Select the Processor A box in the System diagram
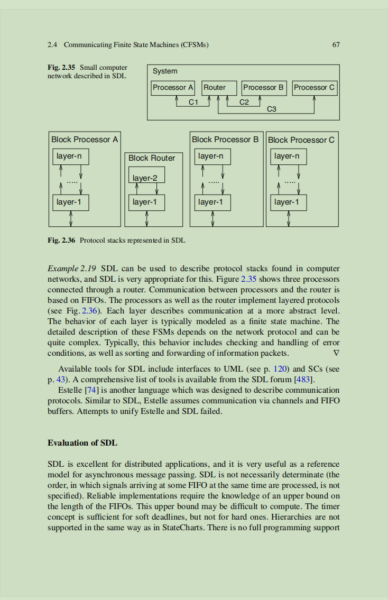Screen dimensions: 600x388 click(173, 88)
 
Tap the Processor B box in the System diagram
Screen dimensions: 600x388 click(264, 88)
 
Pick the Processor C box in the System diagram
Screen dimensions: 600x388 click(314, 88)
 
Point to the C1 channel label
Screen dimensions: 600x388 click(193, 102)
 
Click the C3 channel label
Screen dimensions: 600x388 click(272, 109)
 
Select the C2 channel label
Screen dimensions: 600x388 click(244, 102)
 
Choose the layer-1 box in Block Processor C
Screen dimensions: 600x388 click(287, 202)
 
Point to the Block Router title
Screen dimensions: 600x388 click(152, 158)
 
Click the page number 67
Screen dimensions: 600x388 click(336, 45)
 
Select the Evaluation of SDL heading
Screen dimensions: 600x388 click(82, 442)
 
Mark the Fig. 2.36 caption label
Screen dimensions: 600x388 click(61, 241)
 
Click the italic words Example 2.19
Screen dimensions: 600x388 click(72, 268)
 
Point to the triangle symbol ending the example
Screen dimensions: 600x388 click(336, 353)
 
